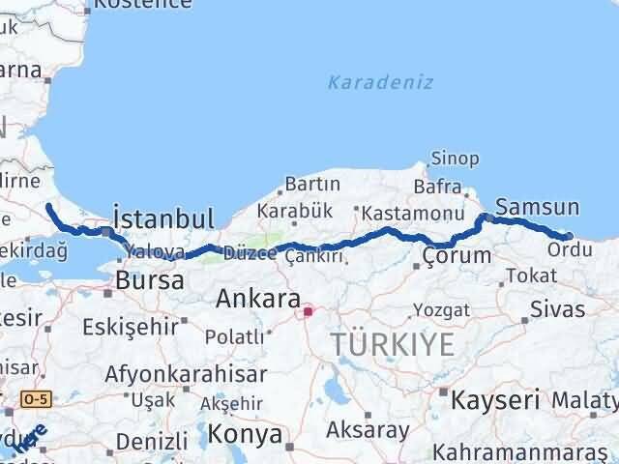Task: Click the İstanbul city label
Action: click(x=162, y=216)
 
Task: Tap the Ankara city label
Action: click(x=256, y=298)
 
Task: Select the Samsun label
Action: click(x=537, y=207)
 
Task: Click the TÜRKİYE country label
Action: click(x=392, y=343)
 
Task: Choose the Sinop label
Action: click(x=455, y=158)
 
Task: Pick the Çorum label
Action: click(x=457, y=256)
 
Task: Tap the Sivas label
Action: click(x=558, y=309)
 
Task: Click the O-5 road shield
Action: click(x=37, y=397)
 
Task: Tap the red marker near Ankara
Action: click(x=309, y=311)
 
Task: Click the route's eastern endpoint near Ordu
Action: click(x=569, y=235)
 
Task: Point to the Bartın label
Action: click(x=311, y=184)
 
